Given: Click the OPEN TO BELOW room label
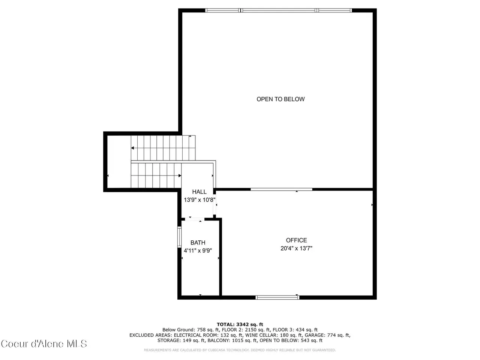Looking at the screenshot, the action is [x=280, y=99].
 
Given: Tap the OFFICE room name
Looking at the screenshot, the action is [x=296, y=240].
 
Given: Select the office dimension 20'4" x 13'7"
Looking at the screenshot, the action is [x=296, y=248].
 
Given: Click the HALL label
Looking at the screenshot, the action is [x=199, y=192].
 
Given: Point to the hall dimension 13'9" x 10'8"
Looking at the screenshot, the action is [x=199, y=200].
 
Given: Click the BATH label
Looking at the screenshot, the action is [x=198, y=243].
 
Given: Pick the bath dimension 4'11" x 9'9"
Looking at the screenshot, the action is [x=198, y=250].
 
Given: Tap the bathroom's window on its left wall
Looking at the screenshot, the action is [x=179, y=237].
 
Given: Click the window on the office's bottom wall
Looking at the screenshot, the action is [x=277, y=297].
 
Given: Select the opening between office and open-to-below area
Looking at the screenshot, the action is [x=281, y=189].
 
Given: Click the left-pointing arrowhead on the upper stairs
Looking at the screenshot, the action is [x=132, y=148].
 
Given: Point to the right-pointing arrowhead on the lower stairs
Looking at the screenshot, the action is [x=180, y=175].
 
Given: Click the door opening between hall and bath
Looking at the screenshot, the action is [x=195, y=219].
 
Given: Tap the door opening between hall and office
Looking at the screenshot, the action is [x=214, y=204].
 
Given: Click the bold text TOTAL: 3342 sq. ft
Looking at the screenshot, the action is [x=240, y=324].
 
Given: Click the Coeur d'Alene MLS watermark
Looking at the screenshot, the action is [x=44, y=344].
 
